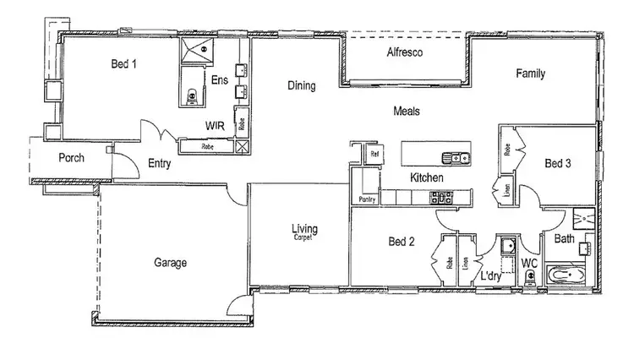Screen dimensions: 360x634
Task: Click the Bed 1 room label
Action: click(123, 63)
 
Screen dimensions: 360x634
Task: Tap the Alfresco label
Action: click(405, 53)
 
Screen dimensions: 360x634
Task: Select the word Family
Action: click(531, 74)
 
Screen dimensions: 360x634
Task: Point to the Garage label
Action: click(170, 263)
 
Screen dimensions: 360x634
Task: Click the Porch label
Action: click(71, 158)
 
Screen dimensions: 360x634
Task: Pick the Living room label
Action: click(304, 228)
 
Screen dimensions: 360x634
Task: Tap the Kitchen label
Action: click(427, 177)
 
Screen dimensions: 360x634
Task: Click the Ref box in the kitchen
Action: click(374, 154)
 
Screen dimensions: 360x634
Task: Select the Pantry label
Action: click(366, 199)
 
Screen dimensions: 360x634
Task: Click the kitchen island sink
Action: click(456, 156)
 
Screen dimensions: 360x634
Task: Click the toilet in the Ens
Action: click(193, 96)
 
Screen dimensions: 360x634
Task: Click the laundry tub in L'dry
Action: click(507, 248)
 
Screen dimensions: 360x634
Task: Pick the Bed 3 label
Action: click(559, 164)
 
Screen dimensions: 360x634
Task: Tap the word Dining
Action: click(302, 85)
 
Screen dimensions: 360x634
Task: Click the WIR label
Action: click(215, 125)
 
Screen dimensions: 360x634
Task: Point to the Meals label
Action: click(407, 111)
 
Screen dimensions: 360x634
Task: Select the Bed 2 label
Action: click(401, 243)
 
